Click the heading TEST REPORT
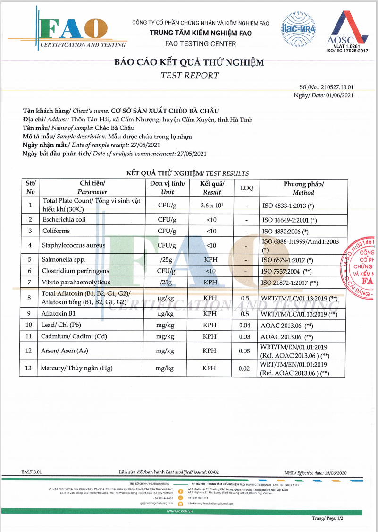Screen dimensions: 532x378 (x=189, y=75)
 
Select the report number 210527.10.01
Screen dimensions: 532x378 (x=336, y=87)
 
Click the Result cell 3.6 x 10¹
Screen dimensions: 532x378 (x=211, y=206)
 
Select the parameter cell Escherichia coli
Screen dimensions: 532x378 (x=64, y=220)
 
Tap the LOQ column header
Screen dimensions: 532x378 (x=246, y=188)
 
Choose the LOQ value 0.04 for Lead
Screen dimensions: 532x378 (x=245, y=326)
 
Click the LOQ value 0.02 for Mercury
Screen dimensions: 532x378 (x=245, y=369)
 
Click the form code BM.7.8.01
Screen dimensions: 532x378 (x=32, y=472)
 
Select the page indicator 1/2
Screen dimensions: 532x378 (x=338, y=519)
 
